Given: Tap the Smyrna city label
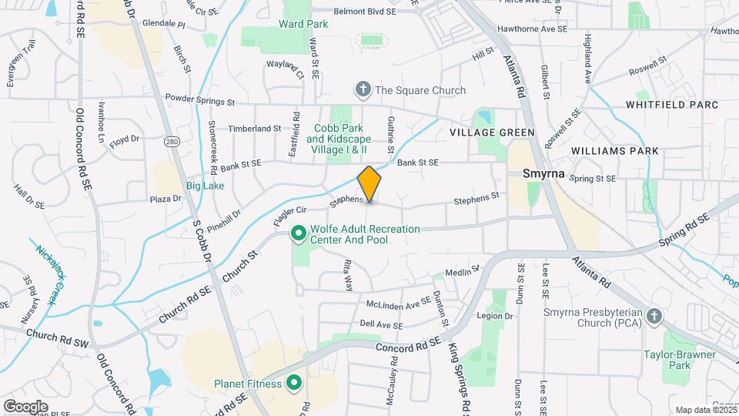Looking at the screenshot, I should point(543,174).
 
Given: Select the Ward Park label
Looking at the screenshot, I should point(303,24).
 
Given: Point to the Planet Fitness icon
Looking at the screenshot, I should point(293,382).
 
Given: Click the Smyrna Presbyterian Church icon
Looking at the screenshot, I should point(654,316).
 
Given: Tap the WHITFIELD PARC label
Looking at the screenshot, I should point(671,105).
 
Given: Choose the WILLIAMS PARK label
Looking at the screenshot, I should point(614,151).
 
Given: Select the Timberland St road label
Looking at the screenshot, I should point(255,129).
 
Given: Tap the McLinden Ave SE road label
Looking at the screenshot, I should point(399,304).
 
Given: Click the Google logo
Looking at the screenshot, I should point(25,406).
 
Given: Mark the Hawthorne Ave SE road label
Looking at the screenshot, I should point(531,28).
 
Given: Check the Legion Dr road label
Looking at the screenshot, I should point(494,316).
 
